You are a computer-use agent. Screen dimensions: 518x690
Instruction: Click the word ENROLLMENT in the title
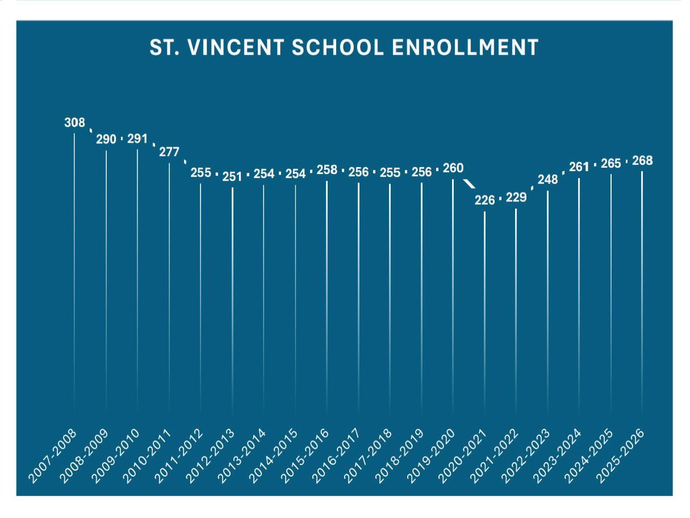click(465, 48)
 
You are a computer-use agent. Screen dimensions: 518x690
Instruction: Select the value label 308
click(74, 122)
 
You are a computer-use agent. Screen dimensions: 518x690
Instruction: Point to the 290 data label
click(106, 139)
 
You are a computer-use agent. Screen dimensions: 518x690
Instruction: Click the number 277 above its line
click(169, 152)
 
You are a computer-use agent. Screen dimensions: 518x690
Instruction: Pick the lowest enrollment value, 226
click(484, 200)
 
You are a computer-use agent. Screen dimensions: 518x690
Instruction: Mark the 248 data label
click(547, 180)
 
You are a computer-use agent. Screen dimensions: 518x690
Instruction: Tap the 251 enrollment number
click(232, 176)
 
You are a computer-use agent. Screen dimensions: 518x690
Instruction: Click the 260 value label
click(453, 168)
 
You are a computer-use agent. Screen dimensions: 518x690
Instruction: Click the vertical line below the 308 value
click(74, 256)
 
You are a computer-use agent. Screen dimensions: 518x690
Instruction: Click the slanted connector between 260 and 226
click(469, 184)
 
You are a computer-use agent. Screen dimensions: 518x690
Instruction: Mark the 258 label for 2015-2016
click(327, 170)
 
